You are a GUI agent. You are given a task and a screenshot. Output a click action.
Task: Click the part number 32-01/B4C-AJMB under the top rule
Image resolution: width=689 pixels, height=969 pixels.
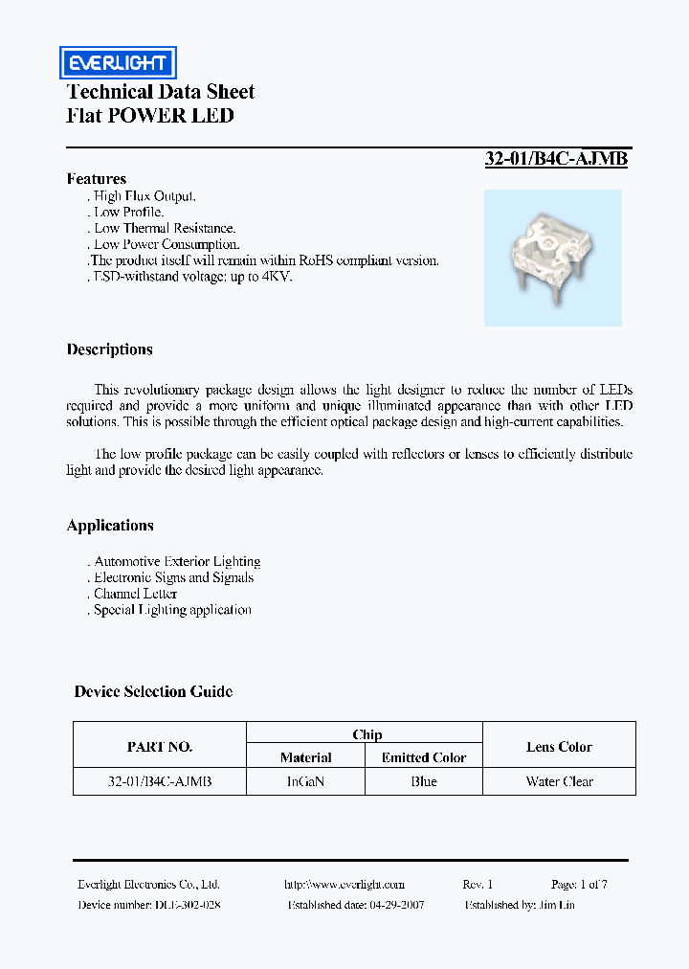click(x=556, y=160)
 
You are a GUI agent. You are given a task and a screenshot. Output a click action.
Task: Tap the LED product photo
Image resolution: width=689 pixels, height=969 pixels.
click(x=552, y=257)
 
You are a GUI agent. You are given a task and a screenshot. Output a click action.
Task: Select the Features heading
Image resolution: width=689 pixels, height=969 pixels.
click(x=97, y=179)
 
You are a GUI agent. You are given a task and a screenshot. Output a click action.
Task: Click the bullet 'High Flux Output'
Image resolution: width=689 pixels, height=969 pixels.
click(x=144, y=196)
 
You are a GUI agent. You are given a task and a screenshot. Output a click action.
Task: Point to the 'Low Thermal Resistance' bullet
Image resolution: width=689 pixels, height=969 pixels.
click(x=164, y=229)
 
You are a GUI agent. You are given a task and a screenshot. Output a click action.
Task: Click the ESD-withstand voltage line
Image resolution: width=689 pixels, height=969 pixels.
click(x=191, y=277)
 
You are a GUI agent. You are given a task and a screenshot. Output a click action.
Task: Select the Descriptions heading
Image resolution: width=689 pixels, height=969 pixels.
click(x=110, y=349)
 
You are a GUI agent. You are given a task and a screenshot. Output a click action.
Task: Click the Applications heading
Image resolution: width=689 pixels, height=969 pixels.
click(x=110, y=526)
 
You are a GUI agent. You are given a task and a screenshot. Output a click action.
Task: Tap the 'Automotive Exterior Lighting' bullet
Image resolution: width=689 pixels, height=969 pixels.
click(x=176, y=562)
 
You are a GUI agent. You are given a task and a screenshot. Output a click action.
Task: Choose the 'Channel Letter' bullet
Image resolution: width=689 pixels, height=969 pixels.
click(x=135, y=594)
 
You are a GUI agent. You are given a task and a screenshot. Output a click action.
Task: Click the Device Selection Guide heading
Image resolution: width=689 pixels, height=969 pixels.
click(x=153, y=691)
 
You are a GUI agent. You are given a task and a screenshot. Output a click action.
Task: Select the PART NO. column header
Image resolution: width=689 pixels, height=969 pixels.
click(x=160, y=747)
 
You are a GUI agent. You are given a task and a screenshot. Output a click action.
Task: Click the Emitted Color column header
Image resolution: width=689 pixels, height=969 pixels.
click(x=424, y=757)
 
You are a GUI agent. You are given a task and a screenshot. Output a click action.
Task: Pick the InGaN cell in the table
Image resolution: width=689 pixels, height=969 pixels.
click(x=306, y=782)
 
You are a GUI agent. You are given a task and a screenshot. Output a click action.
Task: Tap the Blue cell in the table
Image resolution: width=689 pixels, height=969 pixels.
click(x=424, y=782)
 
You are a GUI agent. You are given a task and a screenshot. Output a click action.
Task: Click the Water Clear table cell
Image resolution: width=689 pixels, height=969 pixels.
click(x=560, y=782)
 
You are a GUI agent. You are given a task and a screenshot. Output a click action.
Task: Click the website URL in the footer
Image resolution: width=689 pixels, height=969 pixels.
click(x=344, y=885)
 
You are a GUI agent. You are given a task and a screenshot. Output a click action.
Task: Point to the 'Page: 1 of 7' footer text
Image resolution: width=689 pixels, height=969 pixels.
click(x=579, y=885)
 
